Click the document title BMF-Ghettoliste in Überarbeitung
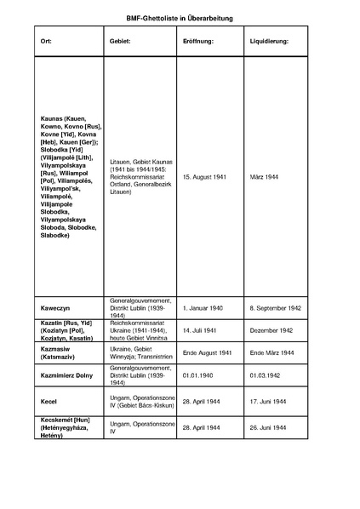179,17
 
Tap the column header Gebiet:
120,41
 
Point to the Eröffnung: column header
197,41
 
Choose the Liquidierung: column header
269,41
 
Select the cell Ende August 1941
208,352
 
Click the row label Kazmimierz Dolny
69,374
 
